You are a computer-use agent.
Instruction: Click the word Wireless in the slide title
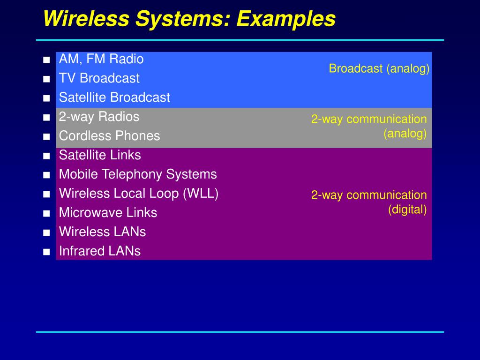pyautogui.click(x=86, y=19)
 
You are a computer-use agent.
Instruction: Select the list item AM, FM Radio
pyautogui.click(x=101, y=59)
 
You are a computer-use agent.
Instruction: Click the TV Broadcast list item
pyautogui.click(x=99, y=78)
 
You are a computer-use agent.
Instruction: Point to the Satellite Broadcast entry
pyautogui.click(x=114, y=97)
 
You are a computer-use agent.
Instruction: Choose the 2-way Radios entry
pyautogui.click(x=99, y=117)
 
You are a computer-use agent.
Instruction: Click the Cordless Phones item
pyautogui.click(x=109, y=136)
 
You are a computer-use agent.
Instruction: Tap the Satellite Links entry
pyautogui.click(x=100, y=155)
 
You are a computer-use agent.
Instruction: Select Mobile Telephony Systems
pyautogui.click(x=138, y=174)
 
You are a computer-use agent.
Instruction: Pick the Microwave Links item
pyautogui.click(x=108, y=213)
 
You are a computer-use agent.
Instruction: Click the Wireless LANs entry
pyautogui.click(x=102, y=232)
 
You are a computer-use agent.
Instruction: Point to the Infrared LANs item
pyautogui.click(x=99, y=251)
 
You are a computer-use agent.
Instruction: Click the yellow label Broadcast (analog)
pyautogui.click(x=379, y=69)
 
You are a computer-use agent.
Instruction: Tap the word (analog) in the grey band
pyautogui.click(x=405, y=134)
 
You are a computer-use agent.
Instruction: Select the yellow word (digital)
pyautogui.click(x=407, y=210)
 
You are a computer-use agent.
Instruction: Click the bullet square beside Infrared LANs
pyautogui.click(x=46, y=252)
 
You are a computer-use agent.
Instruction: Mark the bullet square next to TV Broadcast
pyautogui.click(x=46, y=79)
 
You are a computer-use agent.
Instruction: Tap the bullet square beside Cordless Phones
pyautogui.click(x=46, y=137)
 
